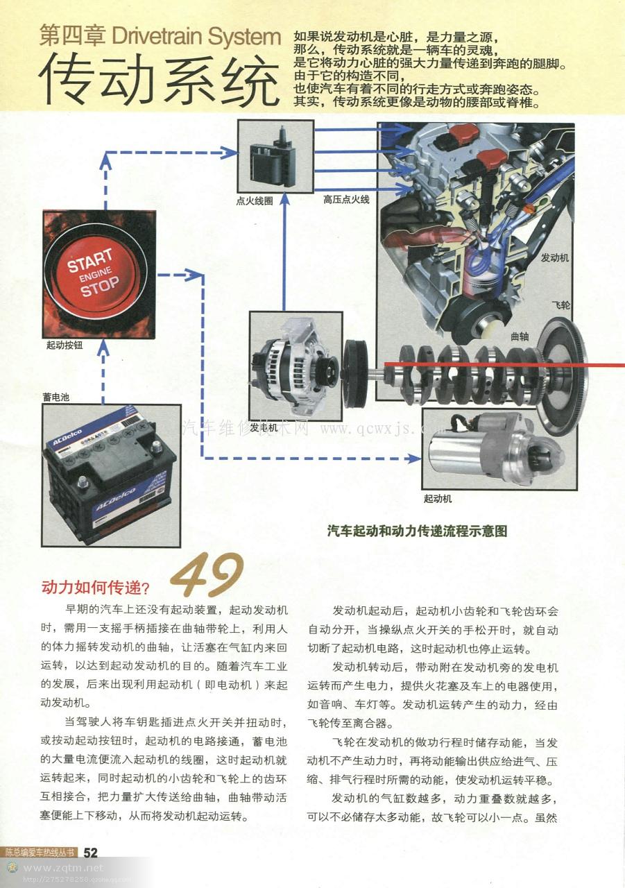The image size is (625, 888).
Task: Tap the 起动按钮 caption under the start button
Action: pyautogui.click(x=65, y=345)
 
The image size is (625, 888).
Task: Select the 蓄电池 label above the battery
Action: pyautogui.click(x=56, y=397)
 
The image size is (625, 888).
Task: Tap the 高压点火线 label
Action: pyautogui.click(x=346, y=199)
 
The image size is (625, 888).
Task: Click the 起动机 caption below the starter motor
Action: pyautogui.click(x=438, y=498)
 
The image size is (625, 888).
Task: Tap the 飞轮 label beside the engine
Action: pyautogui.click(x=560, y=305)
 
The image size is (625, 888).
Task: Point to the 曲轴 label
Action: pyautogui.click(x=520, y=336)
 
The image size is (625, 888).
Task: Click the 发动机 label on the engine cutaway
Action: pyautogui.click(x=554, y=257)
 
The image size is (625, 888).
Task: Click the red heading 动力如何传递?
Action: pyautogui.click(x=96, y=588)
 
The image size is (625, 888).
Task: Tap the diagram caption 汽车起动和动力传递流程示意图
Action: pyautogui.click(x=417, y=531)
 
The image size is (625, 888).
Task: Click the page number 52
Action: pyautogui.click(x=90, y=853)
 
